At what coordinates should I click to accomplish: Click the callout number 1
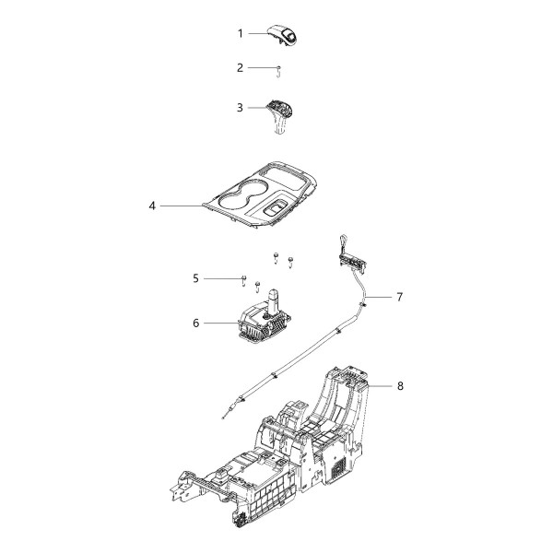pos(241,33)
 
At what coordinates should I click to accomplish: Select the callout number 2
pos(241,67)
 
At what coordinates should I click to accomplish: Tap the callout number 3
pos(241,108)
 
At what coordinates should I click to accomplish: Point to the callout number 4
pos(151,206)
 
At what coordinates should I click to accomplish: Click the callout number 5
pos(196,277)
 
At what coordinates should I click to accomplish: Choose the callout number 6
pos(196,323)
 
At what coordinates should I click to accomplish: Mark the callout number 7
pos(399,297)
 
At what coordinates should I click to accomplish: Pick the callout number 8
pos(399,385)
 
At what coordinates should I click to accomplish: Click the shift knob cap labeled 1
pos(285,35)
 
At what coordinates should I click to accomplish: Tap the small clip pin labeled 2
pos(278,69)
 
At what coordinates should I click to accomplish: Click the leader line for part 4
pos(184,206)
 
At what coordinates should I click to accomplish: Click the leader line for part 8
pos(378,385)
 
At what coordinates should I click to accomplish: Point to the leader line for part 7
pos(380,297)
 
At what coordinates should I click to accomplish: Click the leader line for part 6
pos(221,323)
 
